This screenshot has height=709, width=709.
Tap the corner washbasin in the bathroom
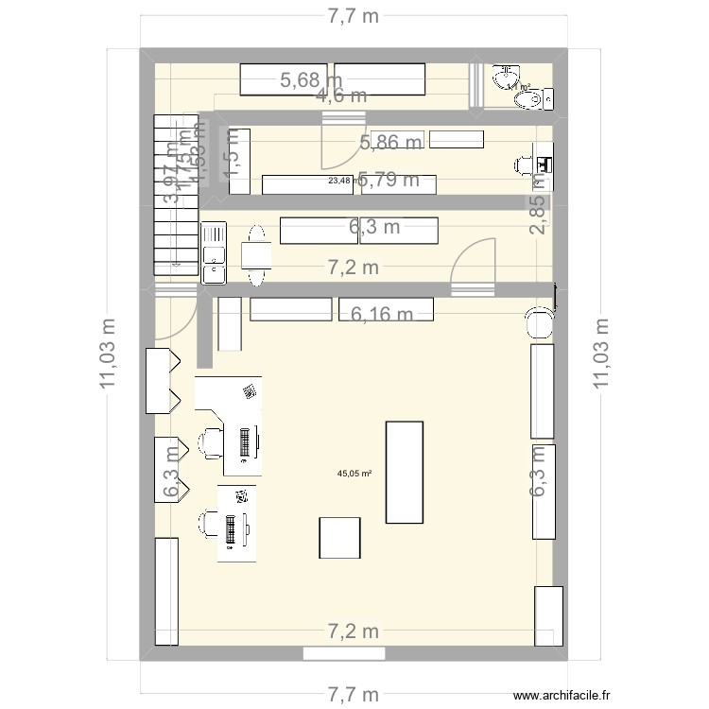[507, 75]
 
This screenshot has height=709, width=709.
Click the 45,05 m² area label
[354, 475]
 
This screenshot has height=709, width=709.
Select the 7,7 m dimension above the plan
[353, 16]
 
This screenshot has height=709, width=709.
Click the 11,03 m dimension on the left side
[110, 352]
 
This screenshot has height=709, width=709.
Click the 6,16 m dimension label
[383, 314]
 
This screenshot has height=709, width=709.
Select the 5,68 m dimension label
[311, 81]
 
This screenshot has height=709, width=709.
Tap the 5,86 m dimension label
[390, 143]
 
